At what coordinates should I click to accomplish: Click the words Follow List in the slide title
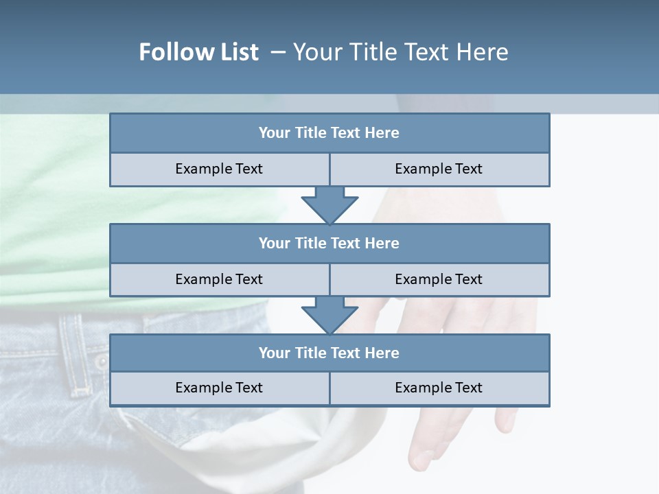pyautogui.click(x=198, y=52)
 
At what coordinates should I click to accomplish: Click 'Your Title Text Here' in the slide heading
pyautogui.click(x=400, y=52)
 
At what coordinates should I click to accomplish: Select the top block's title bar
pyautogui.click(x=329, y=133)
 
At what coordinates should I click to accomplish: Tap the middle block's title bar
pyautogui.click(x=329, y=243)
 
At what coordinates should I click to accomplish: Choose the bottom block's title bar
pyautogui.click(x=329, y=353)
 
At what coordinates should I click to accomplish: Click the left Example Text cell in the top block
pyautogui.click(x=219, y=169)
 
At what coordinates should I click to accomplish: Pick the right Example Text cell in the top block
pyautogui.click(x=439, y=169)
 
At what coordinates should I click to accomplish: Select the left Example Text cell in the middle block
pyautogui.click(x=219, y=279)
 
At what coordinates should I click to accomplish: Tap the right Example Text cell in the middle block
pyautogui.click(x=439, y=279)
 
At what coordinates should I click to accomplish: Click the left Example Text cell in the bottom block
pyautogui.click(x=219, y=388)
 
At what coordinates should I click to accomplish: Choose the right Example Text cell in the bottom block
pyautogui.click(x=439, y=388)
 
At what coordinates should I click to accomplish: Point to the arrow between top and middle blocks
pyautogui.click(x=329, y=204)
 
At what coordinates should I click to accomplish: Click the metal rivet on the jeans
pyautogui.click(x=102, y=361)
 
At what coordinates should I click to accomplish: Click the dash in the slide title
pyautogui.click(x=278, y=52)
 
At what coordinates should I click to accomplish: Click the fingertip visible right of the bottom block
pyautogui.click(x=507, y=420)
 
